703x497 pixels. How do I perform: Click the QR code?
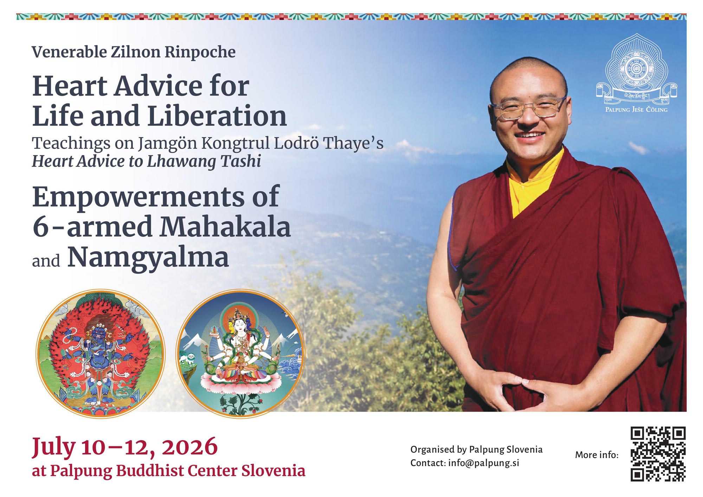coord(658,454)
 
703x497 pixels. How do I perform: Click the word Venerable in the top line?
coord(69,52)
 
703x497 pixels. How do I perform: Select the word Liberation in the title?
coord(217,116)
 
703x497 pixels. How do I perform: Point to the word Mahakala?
coord(225,227)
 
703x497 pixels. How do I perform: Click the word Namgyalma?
coord(148,257)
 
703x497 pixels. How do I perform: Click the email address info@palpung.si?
coord(484,463)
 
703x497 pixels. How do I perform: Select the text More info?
coord(596,455)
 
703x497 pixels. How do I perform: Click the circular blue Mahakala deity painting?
coord(101,353)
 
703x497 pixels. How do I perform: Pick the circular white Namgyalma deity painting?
coord(240,353)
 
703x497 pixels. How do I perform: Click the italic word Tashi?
coord(240,161)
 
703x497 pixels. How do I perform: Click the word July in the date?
coord(53,447)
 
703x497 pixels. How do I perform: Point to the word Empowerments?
coord(138,197)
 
